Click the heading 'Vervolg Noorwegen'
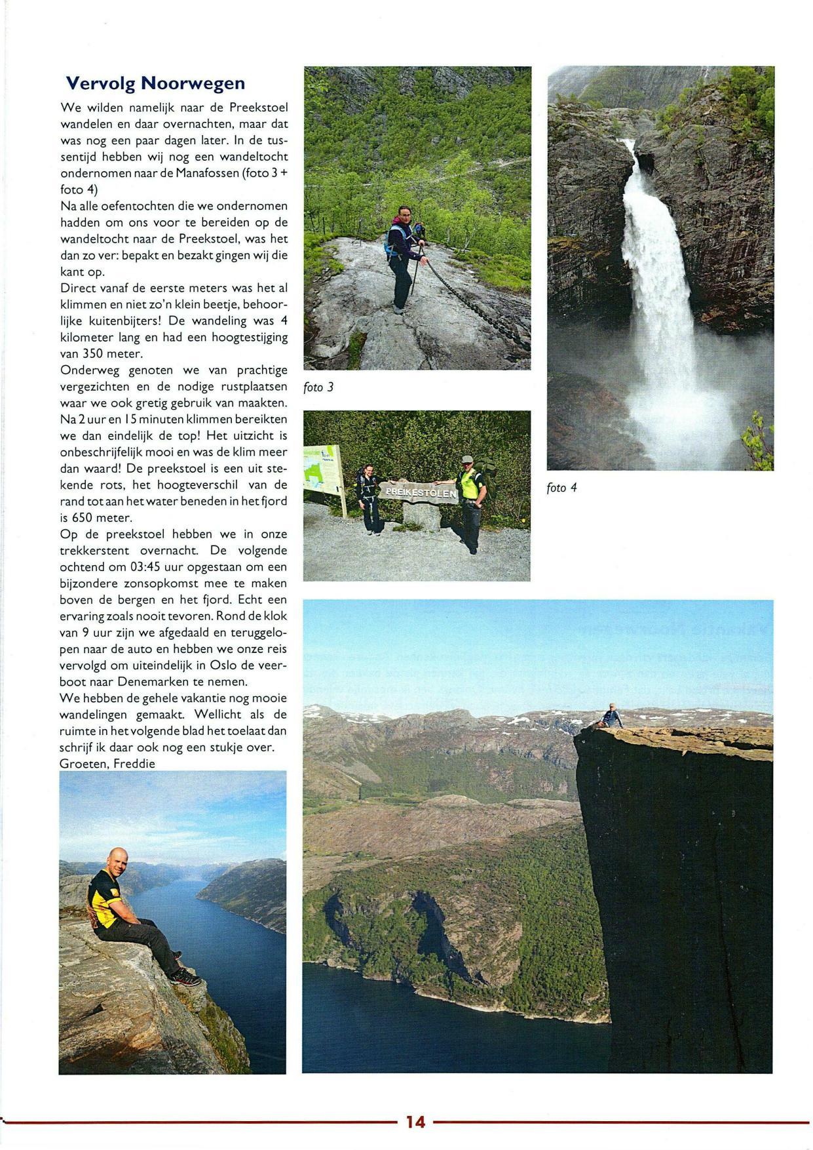[x=155, y=83]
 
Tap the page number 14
[x=415, y=1122]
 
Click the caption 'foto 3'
[x=318, y=387]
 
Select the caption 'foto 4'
[x=561, y=488]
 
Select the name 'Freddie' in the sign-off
[x=134, y=764]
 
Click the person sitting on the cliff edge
[x=611, y=716]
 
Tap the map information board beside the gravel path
[x=322, y=471]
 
